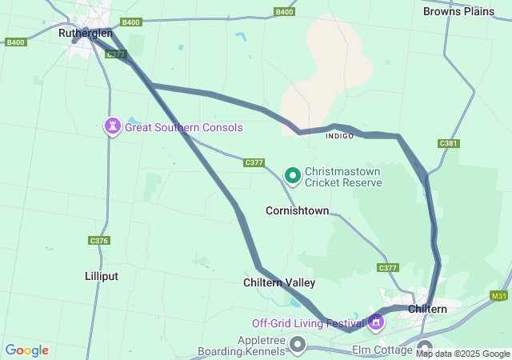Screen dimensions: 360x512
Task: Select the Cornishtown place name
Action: tap(297, 211)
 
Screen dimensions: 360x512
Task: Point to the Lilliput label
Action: tap(102, 276)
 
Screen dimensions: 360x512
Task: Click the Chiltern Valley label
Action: tap(279, 282)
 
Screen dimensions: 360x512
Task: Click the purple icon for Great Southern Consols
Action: tap(113, 126)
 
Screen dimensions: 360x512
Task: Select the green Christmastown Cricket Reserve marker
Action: tap(293, 174)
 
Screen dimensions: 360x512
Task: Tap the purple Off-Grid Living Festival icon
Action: tap(376, 323)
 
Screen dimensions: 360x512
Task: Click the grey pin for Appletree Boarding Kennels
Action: tap(298, 345)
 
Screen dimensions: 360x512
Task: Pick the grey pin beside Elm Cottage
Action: tap(425, 348)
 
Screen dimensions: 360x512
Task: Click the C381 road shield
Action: tap(448, 143)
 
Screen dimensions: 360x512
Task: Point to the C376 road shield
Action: tap(98, 240)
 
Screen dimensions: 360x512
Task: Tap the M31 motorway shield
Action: tap(499, 296)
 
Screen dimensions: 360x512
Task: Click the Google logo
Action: tap(26, 350)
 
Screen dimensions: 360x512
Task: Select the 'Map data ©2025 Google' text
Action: tap(462, 354)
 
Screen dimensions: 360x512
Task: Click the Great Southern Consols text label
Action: tap(183, 127)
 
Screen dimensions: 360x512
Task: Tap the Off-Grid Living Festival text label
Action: tap(308, 323)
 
